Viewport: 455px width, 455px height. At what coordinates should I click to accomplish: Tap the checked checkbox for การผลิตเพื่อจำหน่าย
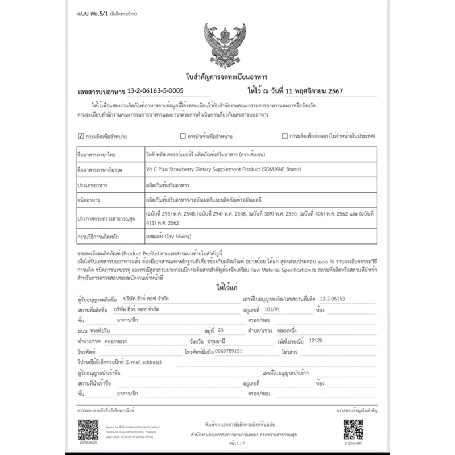click(x=80, y=136)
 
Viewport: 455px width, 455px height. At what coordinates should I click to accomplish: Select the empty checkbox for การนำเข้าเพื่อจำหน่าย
click(x=183, y=136)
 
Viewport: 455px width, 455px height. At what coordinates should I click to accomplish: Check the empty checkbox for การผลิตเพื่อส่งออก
click(x=285, y=136)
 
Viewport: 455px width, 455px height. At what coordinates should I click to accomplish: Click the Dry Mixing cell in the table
click(x=168, y=235)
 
